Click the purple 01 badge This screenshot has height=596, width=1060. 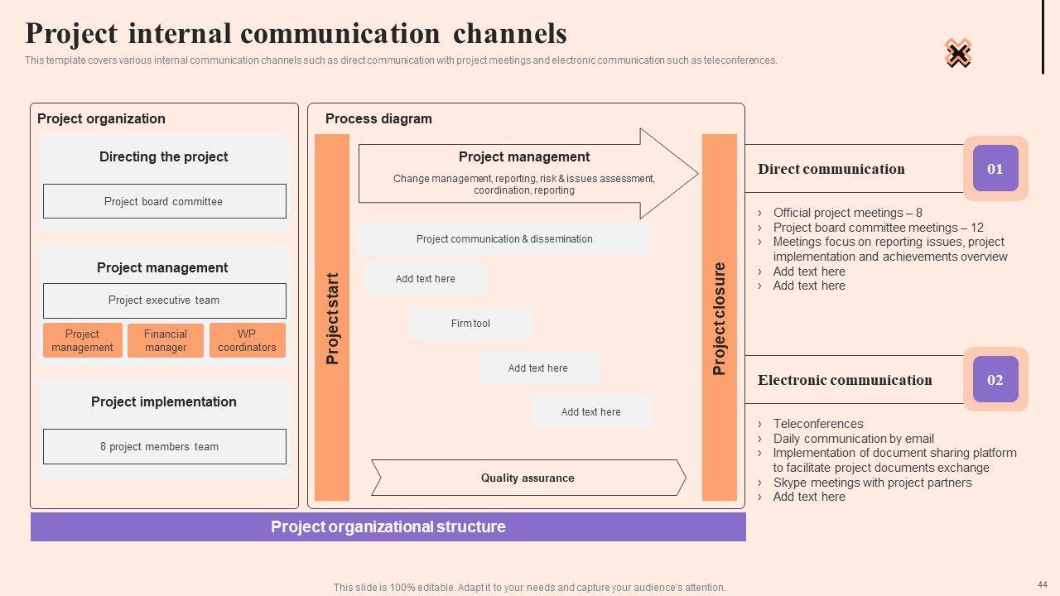tap(995, 169)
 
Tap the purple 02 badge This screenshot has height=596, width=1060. tap(995, 380)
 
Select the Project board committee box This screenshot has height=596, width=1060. tap(164, 201)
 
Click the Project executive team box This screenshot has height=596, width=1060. tap(164, 300)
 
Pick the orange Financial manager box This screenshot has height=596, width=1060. tap(166, 340)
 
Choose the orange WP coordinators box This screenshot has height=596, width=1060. tap(247, 340)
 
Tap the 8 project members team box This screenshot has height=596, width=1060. tap(164, 446)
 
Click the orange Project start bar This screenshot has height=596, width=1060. tap(332, 318)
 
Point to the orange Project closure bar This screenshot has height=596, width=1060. tap(719, 318)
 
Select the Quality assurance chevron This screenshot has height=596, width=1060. tap(528, 478)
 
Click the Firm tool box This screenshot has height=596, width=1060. tap(470, 324)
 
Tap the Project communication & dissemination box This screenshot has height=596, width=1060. tap(503, 239)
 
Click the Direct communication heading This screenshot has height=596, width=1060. tap(831, 169)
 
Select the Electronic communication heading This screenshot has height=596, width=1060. tap(844, 380)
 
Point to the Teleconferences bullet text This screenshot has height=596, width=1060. tap(817, 424)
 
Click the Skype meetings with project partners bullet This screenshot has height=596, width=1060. tap(872, 483)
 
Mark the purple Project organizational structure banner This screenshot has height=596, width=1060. tap(388, 527)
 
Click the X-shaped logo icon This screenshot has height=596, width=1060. tap(958, 54)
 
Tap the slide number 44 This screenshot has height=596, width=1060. tap(1042, 584)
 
